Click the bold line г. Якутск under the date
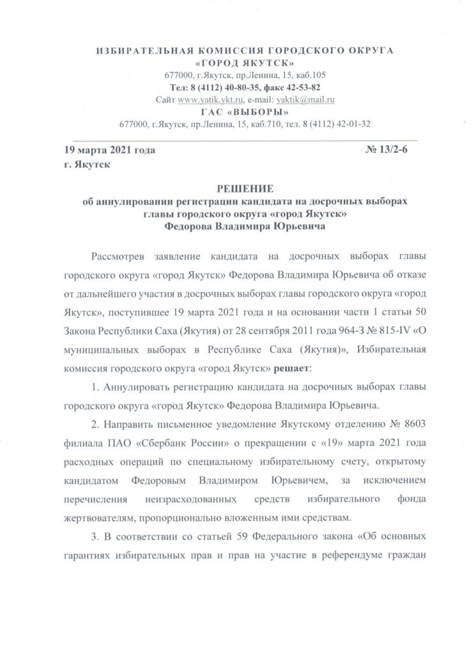tap(83, 165)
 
